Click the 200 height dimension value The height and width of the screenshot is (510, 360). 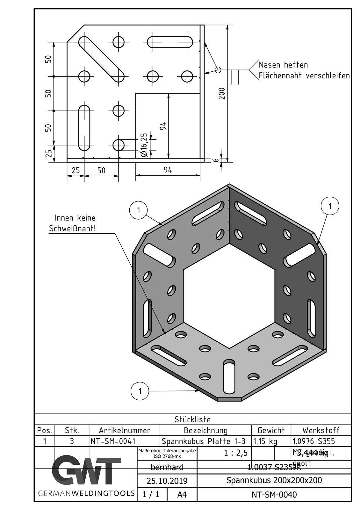[x=222, y=93]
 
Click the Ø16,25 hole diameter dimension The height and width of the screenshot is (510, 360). [x=144, y=145]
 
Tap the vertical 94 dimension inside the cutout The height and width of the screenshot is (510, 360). [x=163, y=126]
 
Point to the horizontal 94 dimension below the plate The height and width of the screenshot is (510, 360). [x=168, y=170]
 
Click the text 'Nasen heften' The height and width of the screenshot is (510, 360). [x=283, y=65]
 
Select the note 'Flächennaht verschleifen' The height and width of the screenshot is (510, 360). [x=304, y=76]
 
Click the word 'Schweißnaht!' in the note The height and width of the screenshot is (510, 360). [x=72, y=229]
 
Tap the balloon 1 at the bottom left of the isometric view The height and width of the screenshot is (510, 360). [x=140, y=391]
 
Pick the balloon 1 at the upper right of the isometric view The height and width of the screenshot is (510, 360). [x=330, y=206]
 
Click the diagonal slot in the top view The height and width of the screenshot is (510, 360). [x=101, y=59]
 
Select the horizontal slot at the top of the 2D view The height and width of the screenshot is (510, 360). [x=170, y=42]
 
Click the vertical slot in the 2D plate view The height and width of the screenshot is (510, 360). [x=84, y=127]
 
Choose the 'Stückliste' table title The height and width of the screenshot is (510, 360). [x=192, y=419]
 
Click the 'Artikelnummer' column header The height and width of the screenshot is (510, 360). [x=124, y=430]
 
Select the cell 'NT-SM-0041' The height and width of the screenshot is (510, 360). [x=113, y=441]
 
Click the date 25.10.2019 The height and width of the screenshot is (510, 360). [x=167, y=481]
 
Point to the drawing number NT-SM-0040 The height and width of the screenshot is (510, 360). [x=274, y=494]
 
